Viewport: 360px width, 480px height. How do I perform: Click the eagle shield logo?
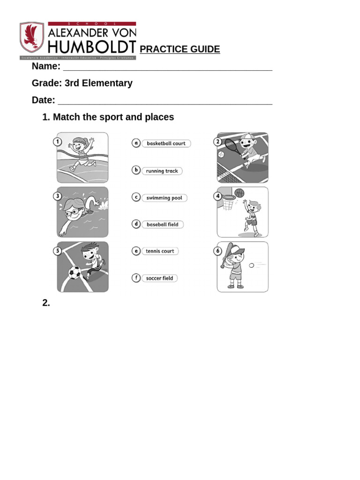pos(32,37)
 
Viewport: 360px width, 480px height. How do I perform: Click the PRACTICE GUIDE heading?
pos(180,49)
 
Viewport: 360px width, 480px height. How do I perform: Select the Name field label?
pos(46,66)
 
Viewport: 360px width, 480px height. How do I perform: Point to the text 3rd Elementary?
pos(98,83)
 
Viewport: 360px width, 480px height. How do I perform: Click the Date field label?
pos(43,100)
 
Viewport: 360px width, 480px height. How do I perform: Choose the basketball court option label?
pos(166,143)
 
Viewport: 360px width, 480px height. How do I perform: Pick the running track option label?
pos(162,171)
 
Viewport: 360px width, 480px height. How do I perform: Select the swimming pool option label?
pos(164,198)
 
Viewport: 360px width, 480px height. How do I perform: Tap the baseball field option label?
pos(162,225)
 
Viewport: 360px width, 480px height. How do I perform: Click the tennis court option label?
pos(160,251)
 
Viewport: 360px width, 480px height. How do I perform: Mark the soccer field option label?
pos(159,278)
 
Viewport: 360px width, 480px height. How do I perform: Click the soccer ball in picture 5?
pos(75,272)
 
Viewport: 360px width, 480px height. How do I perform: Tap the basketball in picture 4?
pos(240,193)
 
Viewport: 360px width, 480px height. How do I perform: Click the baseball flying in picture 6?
pos(252,265)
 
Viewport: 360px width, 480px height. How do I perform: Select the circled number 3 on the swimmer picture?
pos(58,196)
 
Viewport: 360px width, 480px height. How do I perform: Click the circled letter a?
pos(136,143)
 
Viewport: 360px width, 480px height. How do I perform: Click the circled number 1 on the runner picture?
pos(58,142)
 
